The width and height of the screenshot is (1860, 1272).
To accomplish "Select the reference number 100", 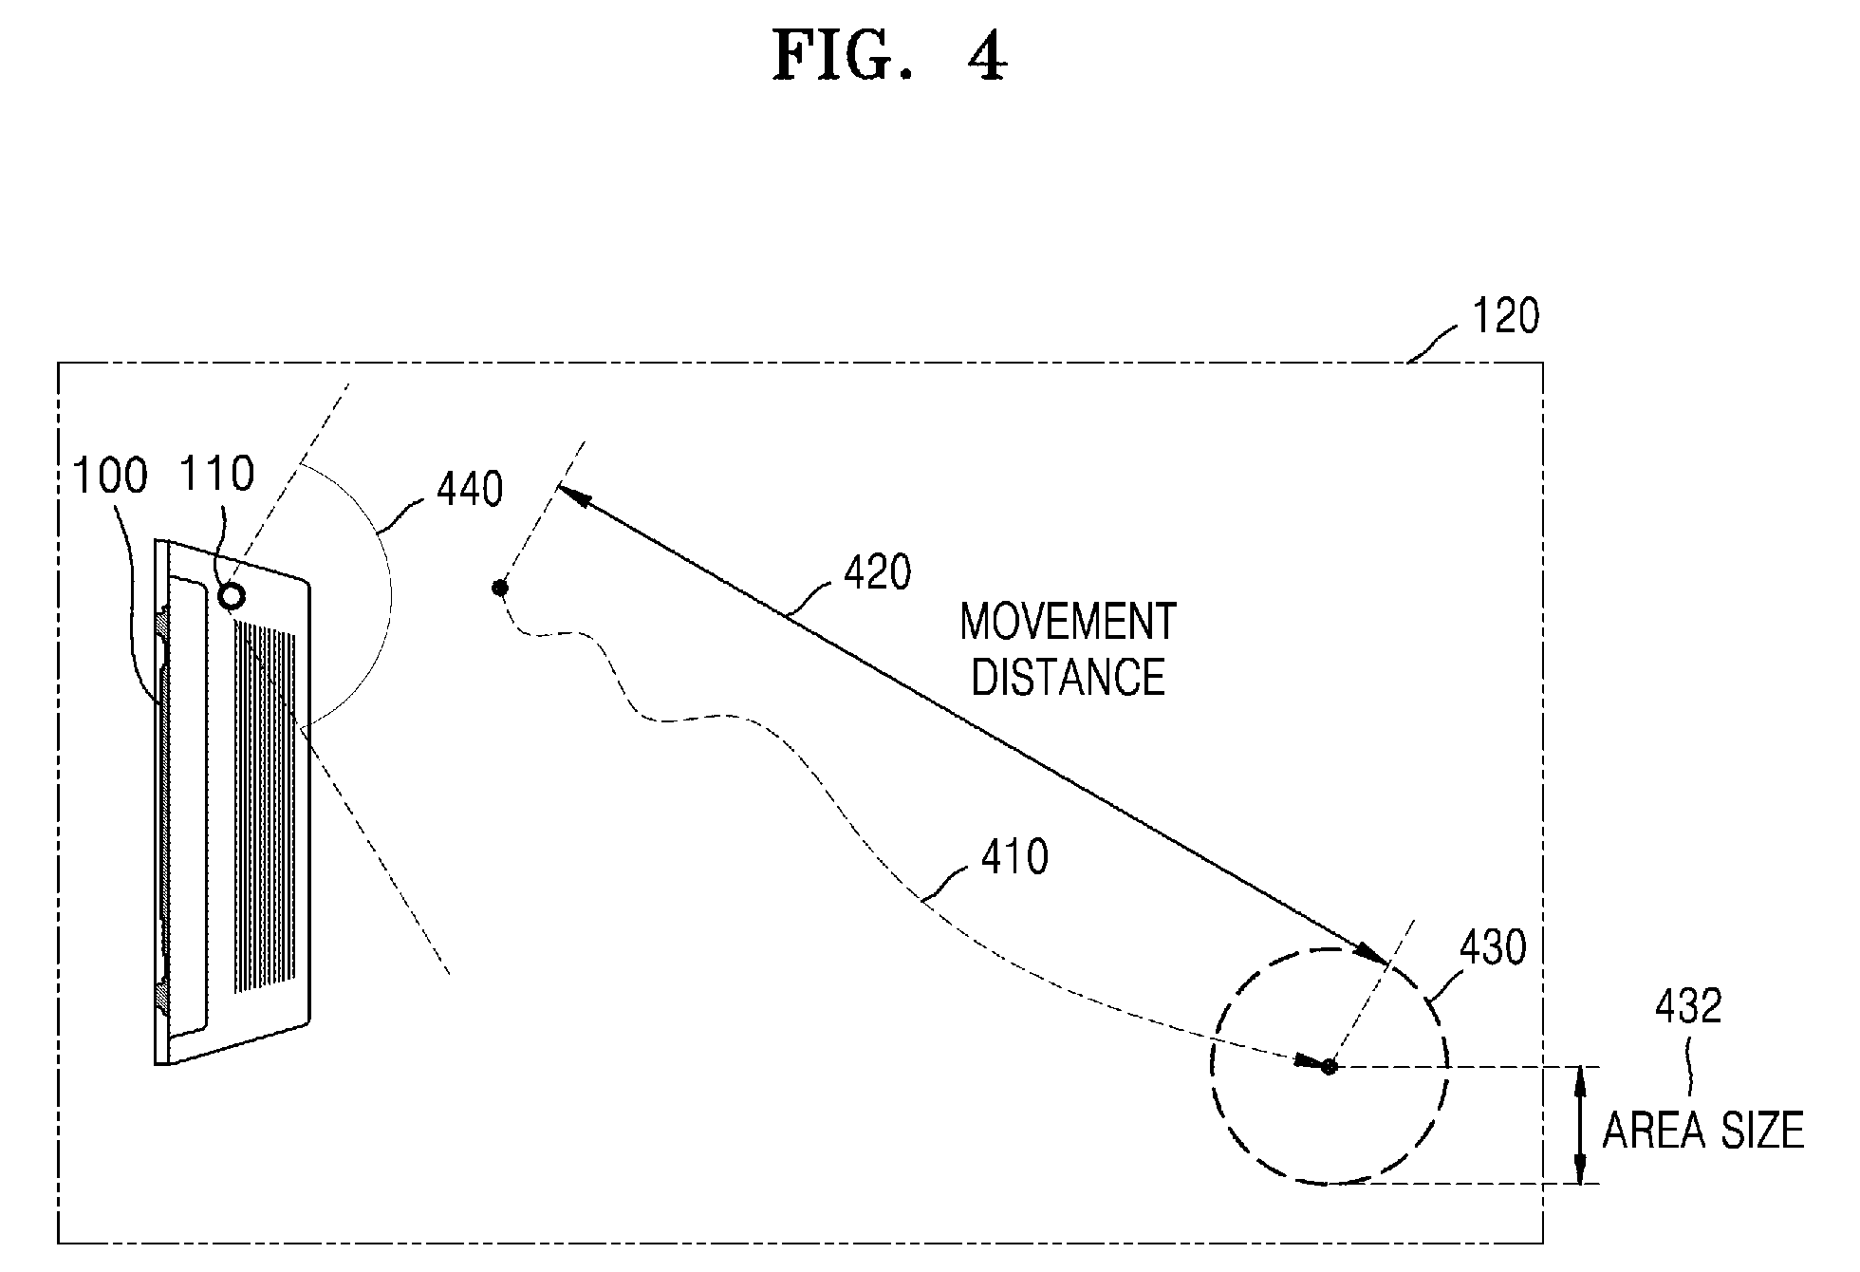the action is point(111,476).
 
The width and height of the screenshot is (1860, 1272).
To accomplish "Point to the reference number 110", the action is point(218,474).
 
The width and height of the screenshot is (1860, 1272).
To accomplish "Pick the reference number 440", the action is point(470,490).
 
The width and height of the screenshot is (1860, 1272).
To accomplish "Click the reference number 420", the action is point(877,572).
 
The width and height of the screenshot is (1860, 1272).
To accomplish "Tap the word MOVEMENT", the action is point(1069,622).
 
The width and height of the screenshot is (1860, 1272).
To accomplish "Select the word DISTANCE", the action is point(1069,677).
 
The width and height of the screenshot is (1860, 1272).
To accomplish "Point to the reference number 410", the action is point(1014,857).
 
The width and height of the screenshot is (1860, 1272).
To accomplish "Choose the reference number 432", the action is point(1688,1006).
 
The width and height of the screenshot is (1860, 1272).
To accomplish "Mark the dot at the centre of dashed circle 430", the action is point(1330,1067).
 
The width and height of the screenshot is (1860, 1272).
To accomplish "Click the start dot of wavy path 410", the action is point(499,589).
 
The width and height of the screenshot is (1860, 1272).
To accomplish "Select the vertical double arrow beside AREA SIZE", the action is point(1580,1125).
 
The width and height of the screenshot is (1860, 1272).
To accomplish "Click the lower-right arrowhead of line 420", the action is point(1369,951).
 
